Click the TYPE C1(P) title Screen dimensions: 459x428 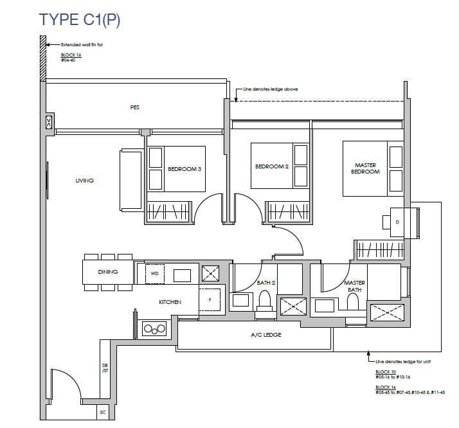80,20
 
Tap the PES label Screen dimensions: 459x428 134,107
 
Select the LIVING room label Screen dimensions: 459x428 85,181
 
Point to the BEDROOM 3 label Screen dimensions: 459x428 184,169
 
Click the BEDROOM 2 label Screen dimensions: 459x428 272,166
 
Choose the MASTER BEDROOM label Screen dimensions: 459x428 365,168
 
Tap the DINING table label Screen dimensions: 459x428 108,272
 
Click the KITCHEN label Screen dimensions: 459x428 170,302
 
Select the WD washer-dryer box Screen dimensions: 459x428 155,274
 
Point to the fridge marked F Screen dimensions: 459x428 210,300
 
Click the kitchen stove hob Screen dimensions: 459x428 154,329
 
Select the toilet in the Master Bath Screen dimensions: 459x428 352,301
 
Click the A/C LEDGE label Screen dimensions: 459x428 266,335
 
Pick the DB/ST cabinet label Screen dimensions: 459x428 105,368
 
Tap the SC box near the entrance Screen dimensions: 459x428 103,413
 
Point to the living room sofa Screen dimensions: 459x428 131,180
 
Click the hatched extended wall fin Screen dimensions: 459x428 43,58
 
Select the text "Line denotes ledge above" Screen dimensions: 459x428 271,89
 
